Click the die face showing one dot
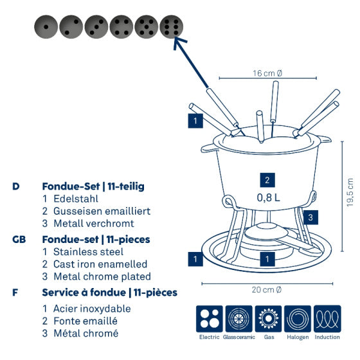(x=46, y=26)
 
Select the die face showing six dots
(x=171, y=26)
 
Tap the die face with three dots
(x=96, y=26)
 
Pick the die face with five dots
(x=146, y=26)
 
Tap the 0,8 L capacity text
(x=268, y=197)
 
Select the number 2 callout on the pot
(x=268, y=180)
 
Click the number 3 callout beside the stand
(x=310, y=217)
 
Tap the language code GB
(x=19, y=239)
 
